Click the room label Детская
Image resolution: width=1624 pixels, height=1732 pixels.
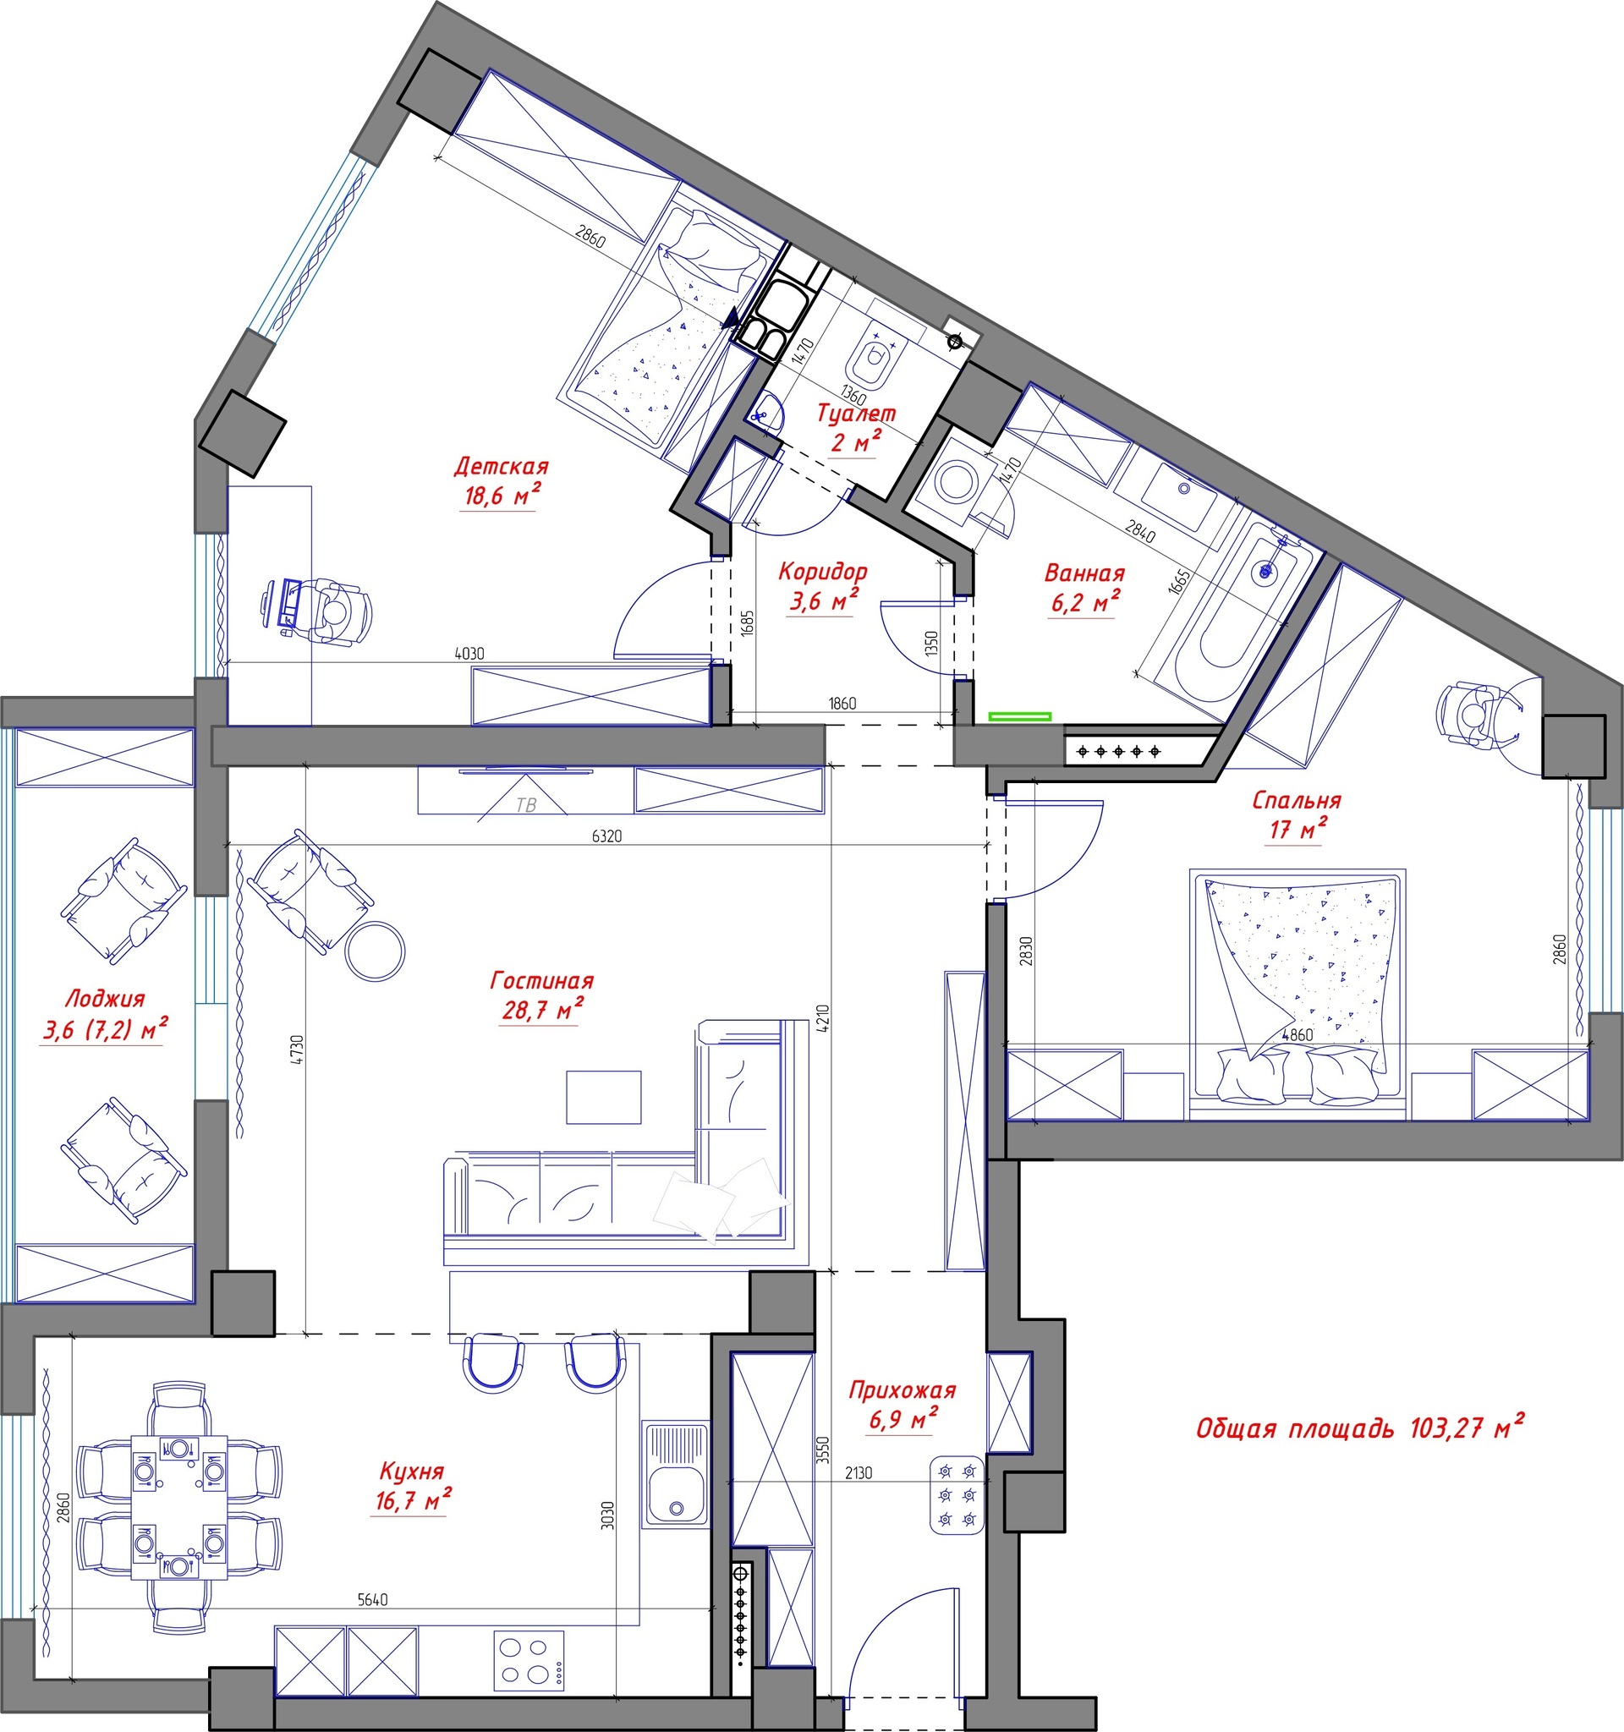point(501,467)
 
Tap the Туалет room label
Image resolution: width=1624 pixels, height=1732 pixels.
point(857,413)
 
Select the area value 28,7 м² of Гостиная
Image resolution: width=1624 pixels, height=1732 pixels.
point(540,1011)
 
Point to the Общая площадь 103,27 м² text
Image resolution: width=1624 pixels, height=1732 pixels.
point(1360,1428)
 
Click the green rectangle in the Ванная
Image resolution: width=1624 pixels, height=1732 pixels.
point(1019,717)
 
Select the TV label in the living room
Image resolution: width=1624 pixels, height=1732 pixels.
point(526,805)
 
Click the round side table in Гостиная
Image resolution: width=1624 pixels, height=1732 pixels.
point(375,950)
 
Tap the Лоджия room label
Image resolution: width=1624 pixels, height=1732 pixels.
point(106,999)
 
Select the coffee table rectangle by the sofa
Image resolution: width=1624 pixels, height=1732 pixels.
point(604,1097)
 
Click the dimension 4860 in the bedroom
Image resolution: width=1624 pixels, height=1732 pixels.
point(1297,1035)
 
